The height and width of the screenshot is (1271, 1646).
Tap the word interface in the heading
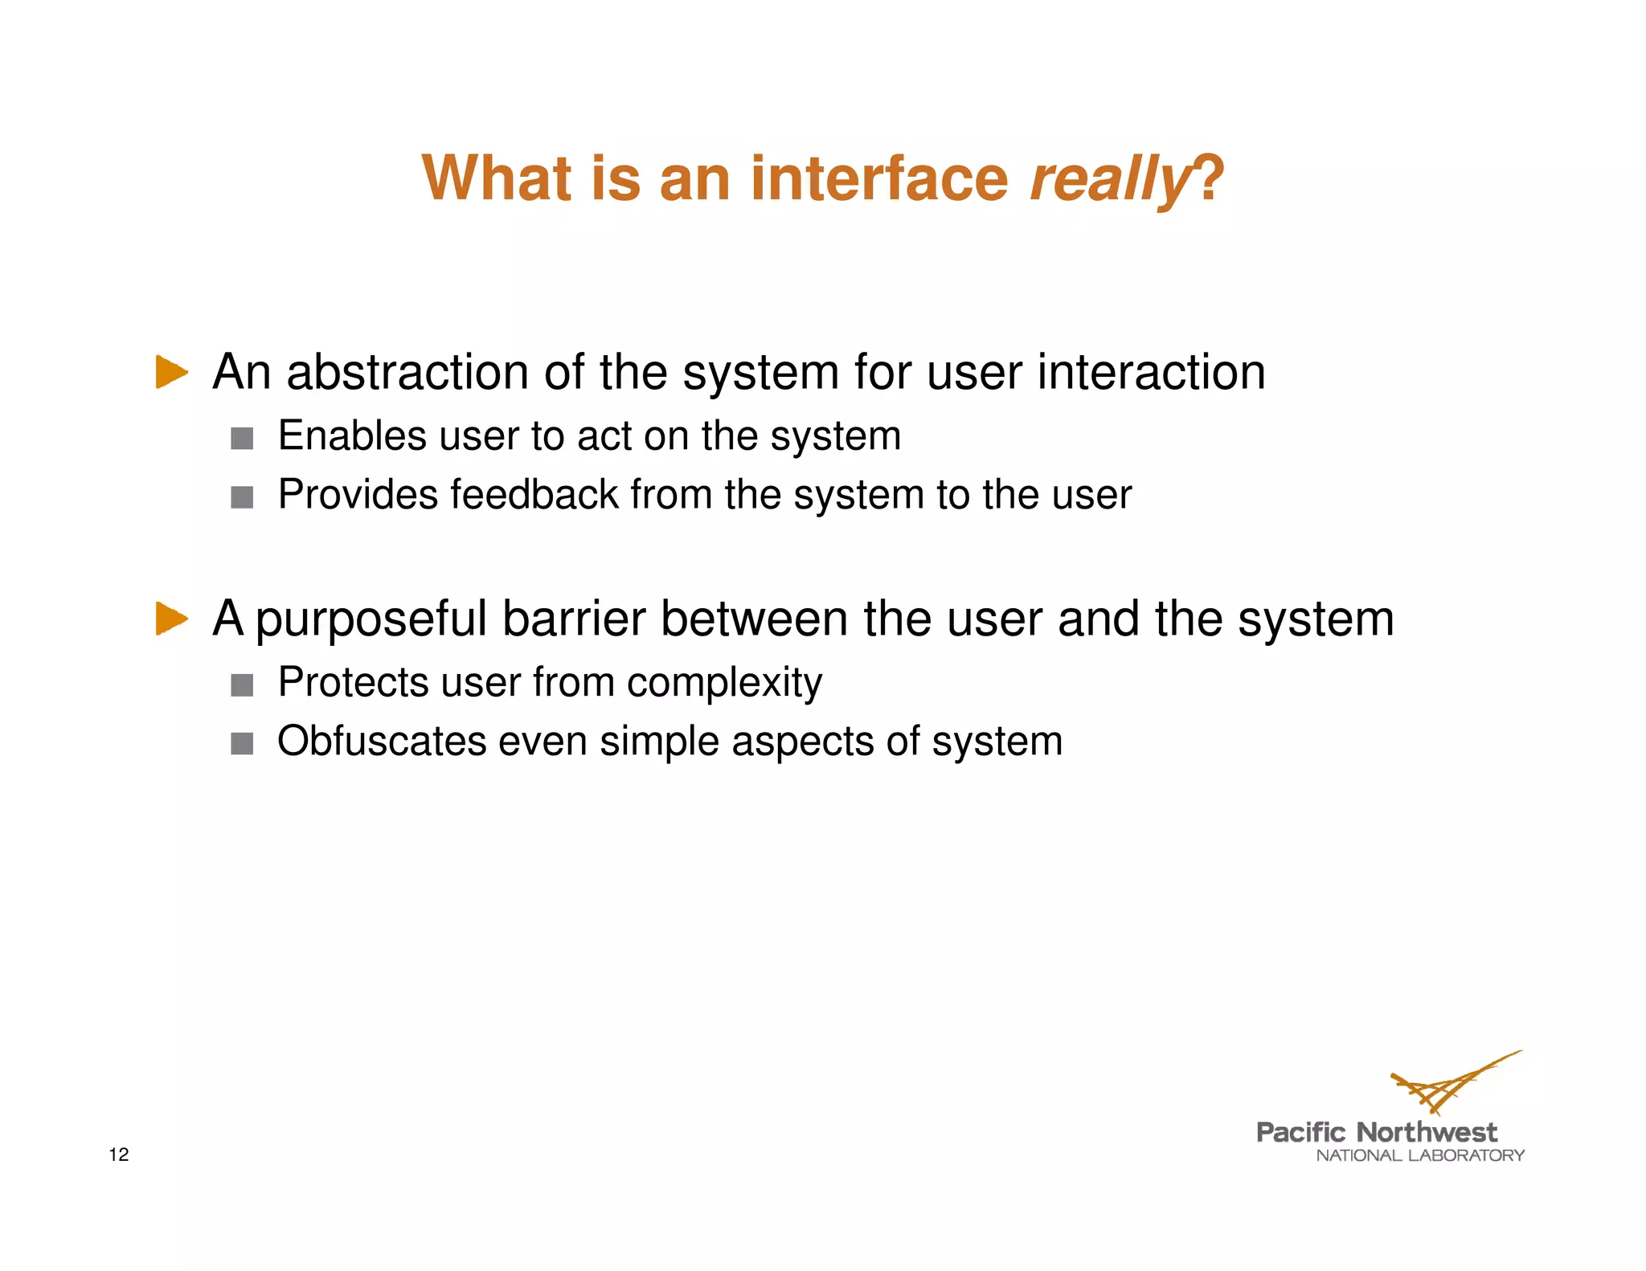(x=878, y=178)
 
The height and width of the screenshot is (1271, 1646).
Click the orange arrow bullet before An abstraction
(x=171, y=372)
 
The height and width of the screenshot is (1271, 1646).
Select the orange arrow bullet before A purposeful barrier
(x=171, y=619)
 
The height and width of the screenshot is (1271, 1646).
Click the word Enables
(x=351, y=436)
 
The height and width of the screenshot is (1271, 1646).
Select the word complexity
(x=724, y=684)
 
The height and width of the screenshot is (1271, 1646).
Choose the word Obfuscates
(x=382, y=741)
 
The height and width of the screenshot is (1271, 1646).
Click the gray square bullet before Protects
(x=242, y=685)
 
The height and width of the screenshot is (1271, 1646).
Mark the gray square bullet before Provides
(x=242, y=497)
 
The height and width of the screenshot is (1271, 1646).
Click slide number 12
(x=119, y=1155)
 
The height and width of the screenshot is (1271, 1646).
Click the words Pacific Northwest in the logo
(x=1376, y=1133)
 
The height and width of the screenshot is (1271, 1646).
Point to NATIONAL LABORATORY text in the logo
(x=1419, y=1156)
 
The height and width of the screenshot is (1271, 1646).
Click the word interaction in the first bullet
(x=1151, y=373)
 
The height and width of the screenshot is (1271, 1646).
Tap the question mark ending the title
(x=1210, y=178)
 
